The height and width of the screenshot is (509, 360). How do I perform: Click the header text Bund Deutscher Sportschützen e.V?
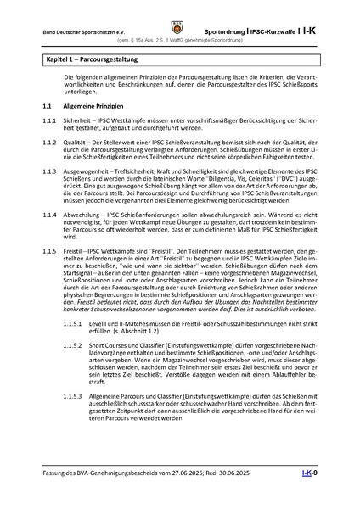point(81,31)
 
